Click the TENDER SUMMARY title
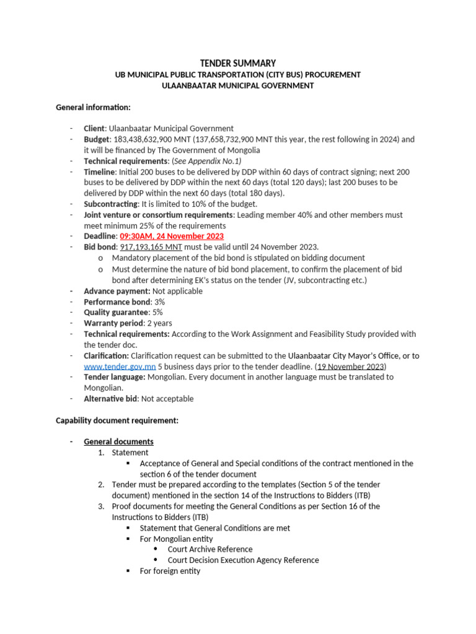(x=237, y=63)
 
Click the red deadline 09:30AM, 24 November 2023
(x=172, y=237)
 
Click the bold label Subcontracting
(x=110, y=204)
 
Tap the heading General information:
(x=93, y=107)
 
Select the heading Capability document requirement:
(x=117, y=420)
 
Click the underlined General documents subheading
(x=118, y=441)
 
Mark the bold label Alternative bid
(x=110, y=399)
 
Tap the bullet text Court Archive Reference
(x=210, y=549)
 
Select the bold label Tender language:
(x=115, y=376)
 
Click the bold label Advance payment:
(x=117, y=291)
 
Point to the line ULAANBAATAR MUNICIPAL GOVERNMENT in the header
(x=237, y=85)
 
